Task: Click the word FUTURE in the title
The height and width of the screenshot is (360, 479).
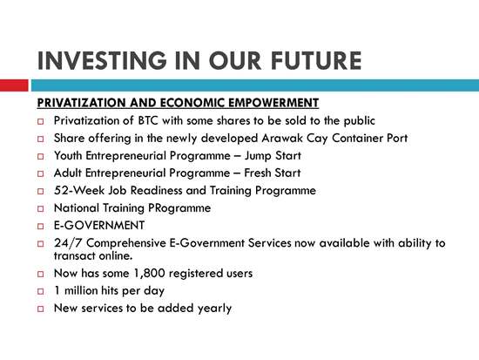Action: pos(316,60)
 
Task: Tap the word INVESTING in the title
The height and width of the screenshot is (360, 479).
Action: pos(102,60)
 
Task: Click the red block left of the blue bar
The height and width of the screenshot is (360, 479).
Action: pos(14,85)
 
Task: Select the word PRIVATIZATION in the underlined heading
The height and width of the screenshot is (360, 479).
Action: pos(81,103)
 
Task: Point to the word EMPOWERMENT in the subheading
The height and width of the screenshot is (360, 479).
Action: pos(273,103)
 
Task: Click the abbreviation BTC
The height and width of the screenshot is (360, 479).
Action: pos(148,120)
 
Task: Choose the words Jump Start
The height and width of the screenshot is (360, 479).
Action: pos(273,156)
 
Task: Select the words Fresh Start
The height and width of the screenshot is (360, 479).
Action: pos(273,173)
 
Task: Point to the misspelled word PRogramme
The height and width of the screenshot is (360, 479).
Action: pos(179,208)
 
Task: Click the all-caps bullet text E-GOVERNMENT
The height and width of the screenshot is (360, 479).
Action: pos(99,226)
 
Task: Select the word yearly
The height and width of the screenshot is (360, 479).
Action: pos(214,309)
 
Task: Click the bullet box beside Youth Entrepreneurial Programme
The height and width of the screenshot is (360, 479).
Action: pos(41,156)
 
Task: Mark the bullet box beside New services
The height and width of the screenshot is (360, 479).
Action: pos(41,309)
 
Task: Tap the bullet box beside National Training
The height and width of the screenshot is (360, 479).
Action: pos(41,208)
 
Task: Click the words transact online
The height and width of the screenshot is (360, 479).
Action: pos(93,255)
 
